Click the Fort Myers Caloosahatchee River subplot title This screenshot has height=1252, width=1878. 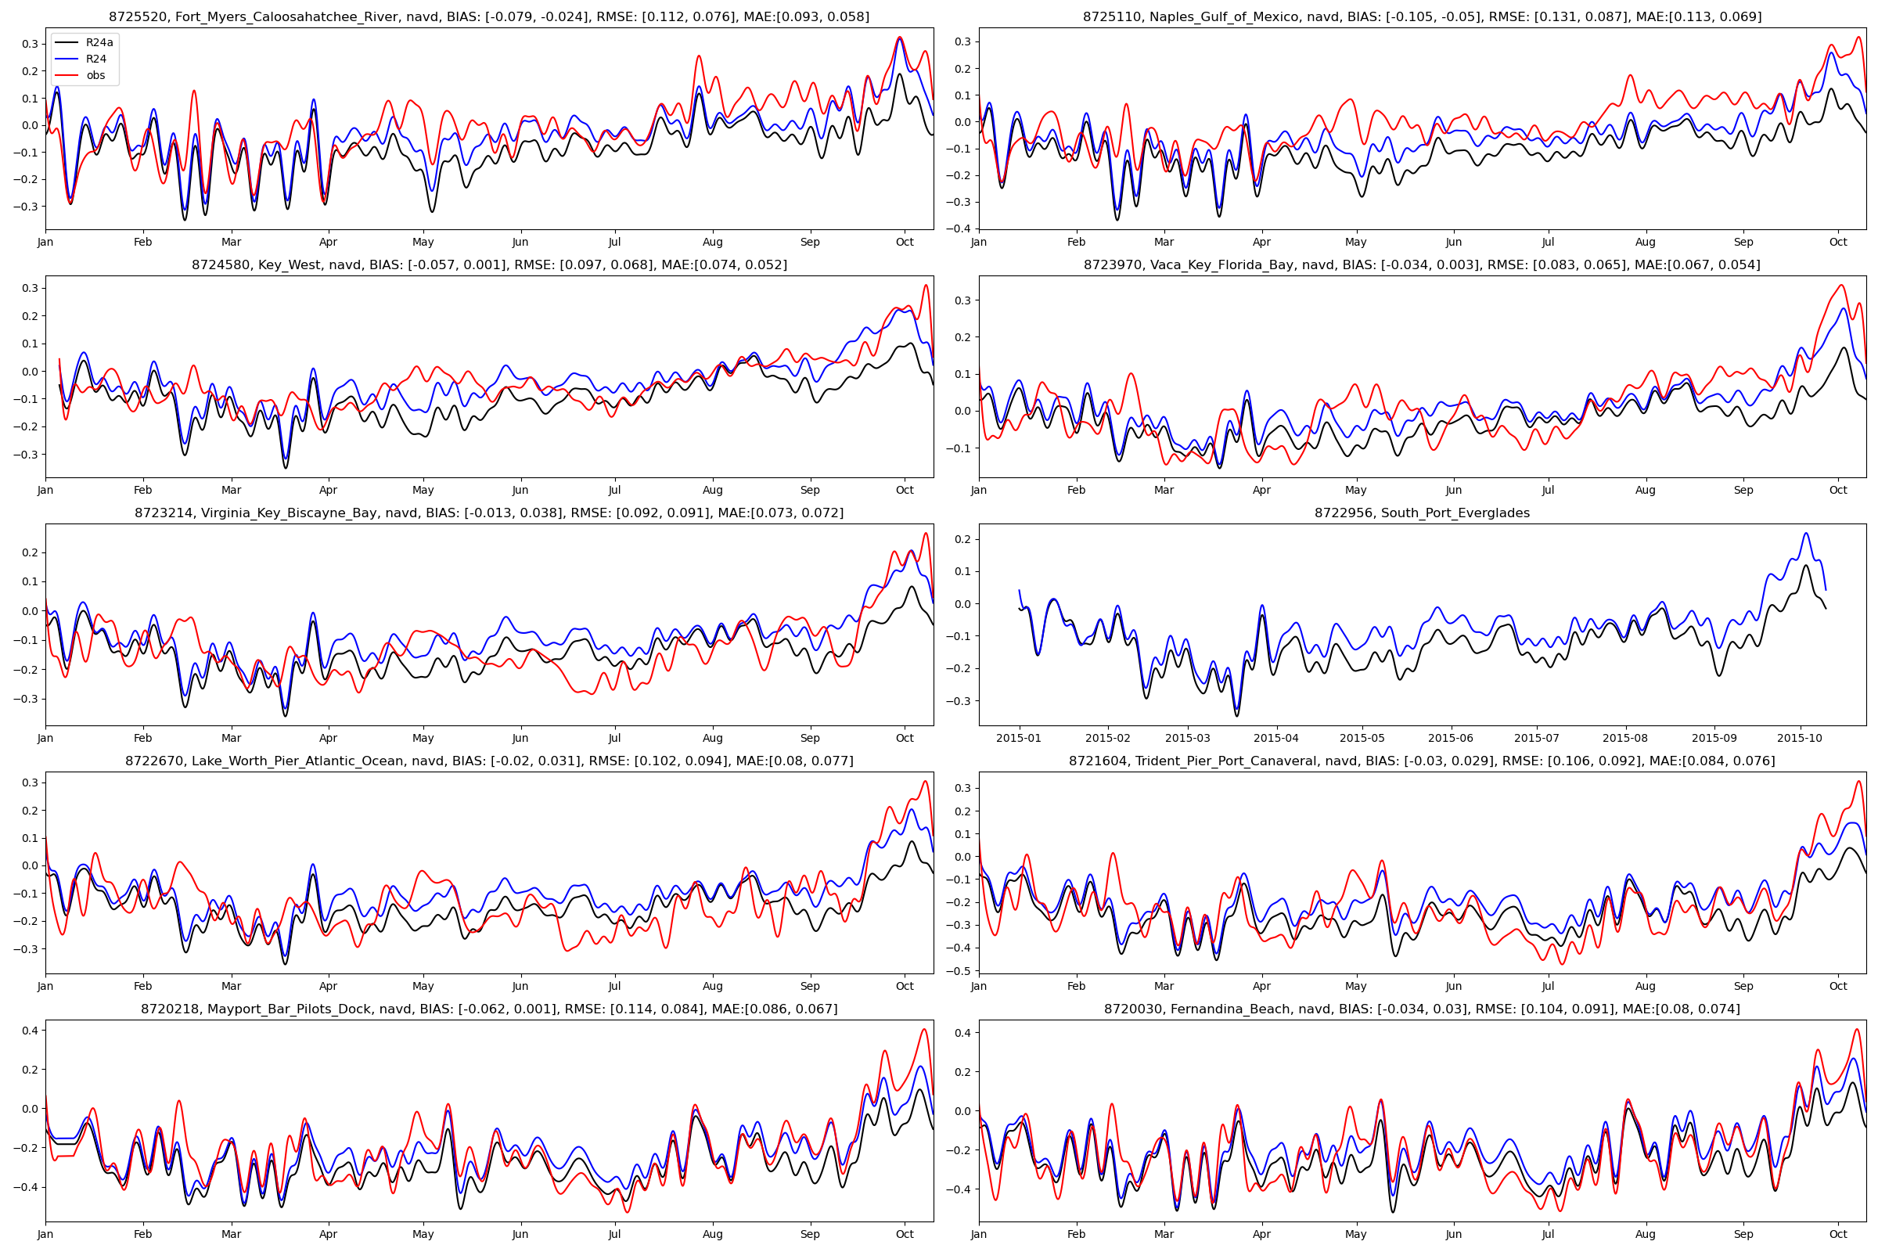pos(488,16)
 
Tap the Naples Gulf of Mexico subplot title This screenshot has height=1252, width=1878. pos(1422,16)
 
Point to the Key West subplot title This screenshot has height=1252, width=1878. pos(488,265)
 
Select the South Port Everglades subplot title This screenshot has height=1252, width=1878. pos(1422,513)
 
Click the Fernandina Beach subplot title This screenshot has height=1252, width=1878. pos(1422,1009)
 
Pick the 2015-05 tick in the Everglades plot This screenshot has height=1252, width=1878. pos(1362,739)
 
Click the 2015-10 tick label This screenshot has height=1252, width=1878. pos(1801,739)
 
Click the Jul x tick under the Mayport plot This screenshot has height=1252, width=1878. pos(615,1235)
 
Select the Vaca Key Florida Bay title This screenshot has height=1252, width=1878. pos(1422,265)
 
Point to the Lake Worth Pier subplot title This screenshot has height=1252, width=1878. pos(488,761)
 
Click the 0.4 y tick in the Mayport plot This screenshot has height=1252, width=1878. pos(29,1031)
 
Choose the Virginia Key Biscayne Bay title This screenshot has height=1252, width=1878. pos(488,513)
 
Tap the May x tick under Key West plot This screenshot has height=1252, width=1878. pos(423,491)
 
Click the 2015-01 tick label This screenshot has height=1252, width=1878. pos(1019,739)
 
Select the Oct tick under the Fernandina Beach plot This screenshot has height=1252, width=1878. pos(1838,1235)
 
